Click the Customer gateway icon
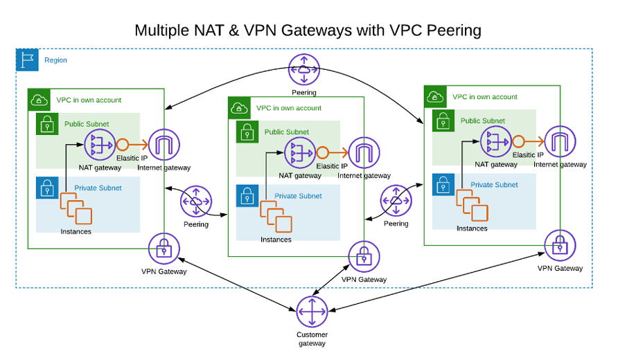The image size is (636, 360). point(312,312)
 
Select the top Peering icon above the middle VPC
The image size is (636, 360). point(304,69)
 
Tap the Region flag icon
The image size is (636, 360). point(28,60)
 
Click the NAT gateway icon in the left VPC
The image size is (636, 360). point(100,145)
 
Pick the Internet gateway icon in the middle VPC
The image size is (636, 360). point(364,153)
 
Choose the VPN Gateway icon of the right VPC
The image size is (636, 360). point(560,246)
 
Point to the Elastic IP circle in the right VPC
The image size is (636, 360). point(518,142)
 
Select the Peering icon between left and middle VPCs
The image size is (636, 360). point(196,201)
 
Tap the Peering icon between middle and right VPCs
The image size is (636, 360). point(396,201)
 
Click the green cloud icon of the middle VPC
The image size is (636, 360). point(239,108)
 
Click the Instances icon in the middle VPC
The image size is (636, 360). point(275,217)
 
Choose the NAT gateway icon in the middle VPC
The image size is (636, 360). point(300,153)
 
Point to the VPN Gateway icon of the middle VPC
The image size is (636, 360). point(364,257)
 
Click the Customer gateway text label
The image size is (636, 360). point(312,339)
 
